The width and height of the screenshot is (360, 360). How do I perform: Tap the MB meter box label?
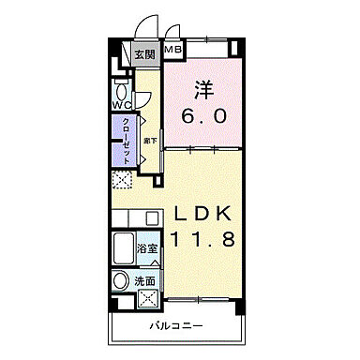pyautogui.click(x=174, y=48)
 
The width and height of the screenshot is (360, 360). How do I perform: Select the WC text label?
pyautogui.click(x=122, y=105)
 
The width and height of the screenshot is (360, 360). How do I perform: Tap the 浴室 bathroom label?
pyautogui.click(x=148, y=249)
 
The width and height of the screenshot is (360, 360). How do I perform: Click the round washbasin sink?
pyautogui.click(x=121, y=281)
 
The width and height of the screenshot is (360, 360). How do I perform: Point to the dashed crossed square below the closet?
pyautogui.click(x=122, y=182)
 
